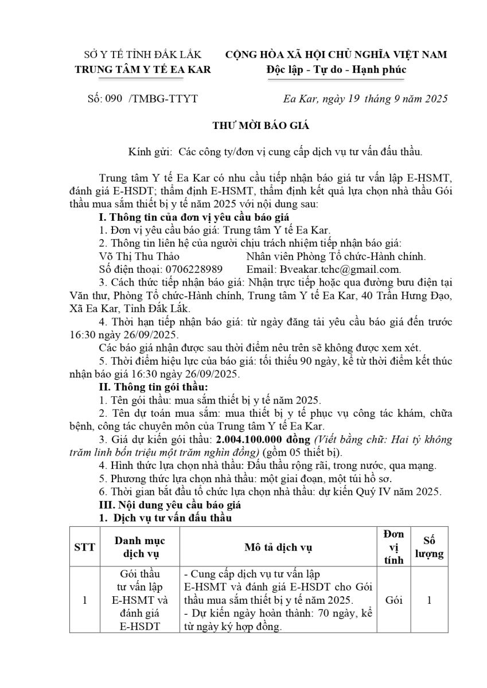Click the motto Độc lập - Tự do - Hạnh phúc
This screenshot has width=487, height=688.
point(336,69)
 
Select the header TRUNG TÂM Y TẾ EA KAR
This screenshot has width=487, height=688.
point(143,69)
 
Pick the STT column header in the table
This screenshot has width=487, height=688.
point(84,547)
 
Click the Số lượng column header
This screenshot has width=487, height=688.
point(429,547)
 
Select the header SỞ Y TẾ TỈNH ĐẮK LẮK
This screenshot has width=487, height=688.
point(143,55)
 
